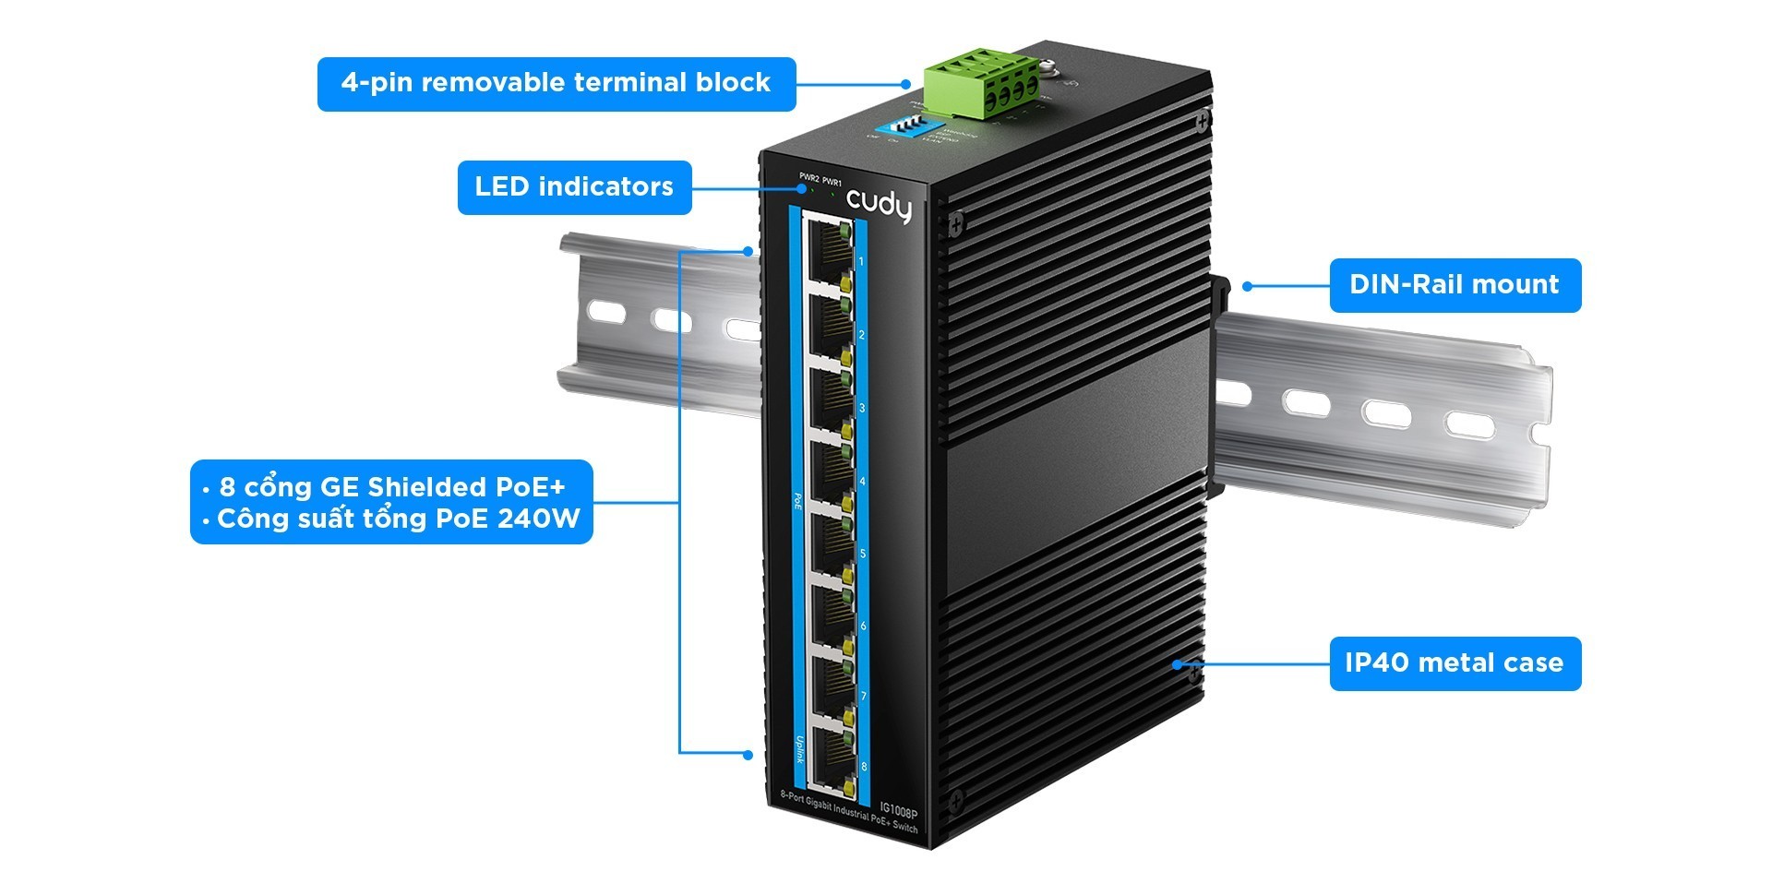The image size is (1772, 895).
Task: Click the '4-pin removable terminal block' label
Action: [x=556, y=83]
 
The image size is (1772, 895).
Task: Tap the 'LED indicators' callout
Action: [x=574, y=187]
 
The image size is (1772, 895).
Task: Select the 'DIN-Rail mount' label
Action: [x=1455, y=285]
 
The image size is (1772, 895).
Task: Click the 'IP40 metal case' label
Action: [x=1455, y=663]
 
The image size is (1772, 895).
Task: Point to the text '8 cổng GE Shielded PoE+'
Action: [x=391, y=487]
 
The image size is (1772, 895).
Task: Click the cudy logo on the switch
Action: [x=879, y=206]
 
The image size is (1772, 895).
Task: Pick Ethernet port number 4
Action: [x=830, y=469]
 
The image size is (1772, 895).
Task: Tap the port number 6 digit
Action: [x=863, y=626]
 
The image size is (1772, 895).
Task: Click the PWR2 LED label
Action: [x=808, y=177]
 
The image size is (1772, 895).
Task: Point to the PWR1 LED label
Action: [x=832, y=182]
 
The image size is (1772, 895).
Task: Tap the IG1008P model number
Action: [x=898, y=812]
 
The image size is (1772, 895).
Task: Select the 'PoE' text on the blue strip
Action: [x=798, y=501]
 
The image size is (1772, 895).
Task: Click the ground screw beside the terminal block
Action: [x=1048, y=68]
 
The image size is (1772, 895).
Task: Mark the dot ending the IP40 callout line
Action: [x=1177, y=663]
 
